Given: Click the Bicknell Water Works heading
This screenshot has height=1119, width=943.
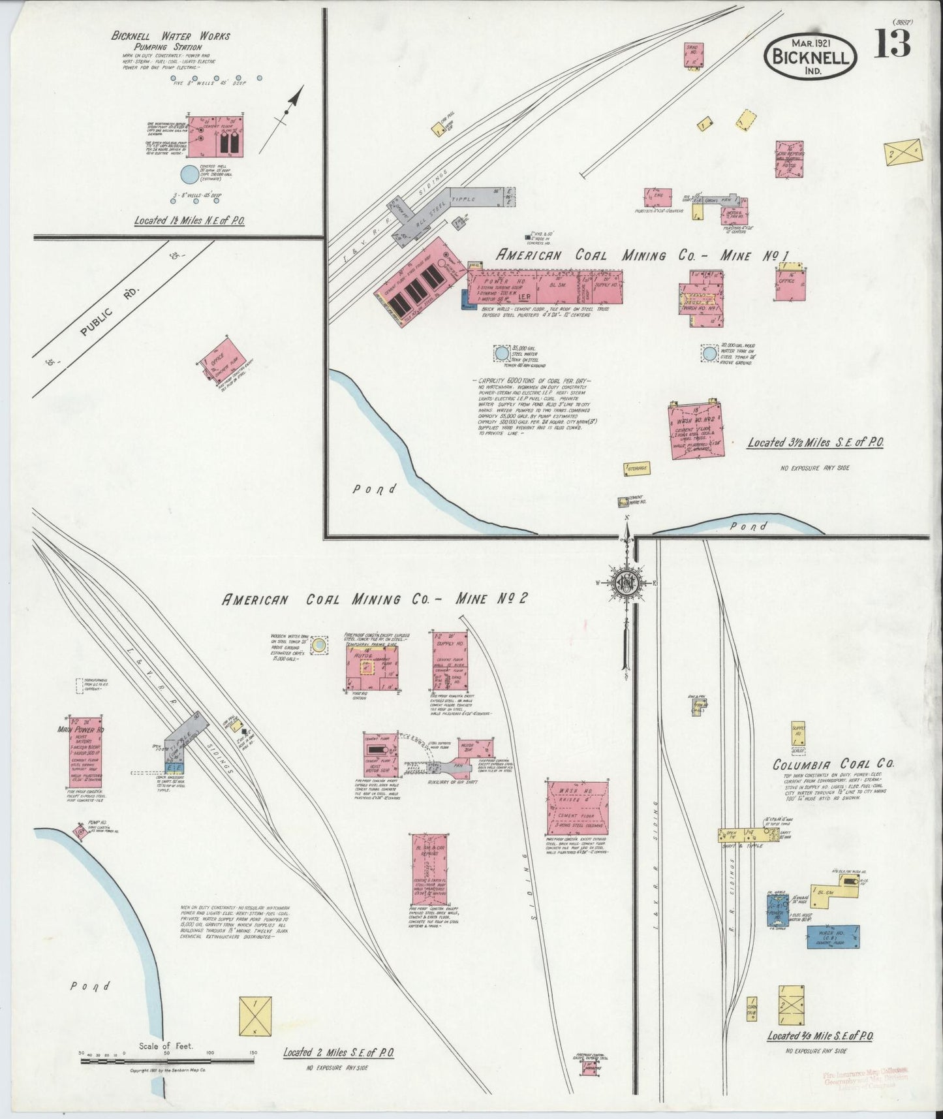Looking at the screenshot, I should coord(170,37).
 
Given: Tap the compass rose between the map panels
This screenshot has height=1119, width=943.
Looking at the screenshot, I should coord(626,583).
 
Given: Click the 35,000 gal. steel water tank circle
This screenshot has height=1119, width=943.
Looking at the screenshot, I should coord(501,353).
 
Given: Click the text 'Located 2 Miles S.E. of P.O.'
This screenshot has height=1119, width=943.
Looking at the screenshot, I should coord(338,1052).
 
